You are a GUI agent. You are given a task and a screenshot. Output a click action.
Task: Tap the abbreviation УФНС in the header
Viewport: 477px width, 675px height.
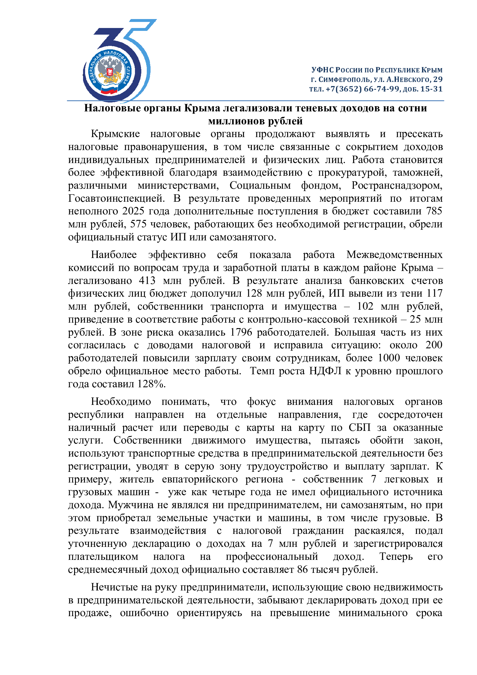pyautogui.click(x=322, y=70)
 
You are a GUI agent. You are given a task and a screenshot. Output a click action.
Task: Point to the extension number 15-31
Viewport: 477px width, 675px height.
pyautogui.click(x=431, y=89)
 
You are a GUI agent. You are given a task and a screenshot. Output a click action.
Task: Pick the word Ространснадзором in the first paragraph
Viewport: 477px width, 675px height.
pyautogui.click(x=397, y=186)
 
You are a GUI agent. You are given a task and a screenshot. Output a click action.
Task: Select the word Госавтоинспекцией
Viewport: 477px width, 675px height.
pyautogui.click(x=116, y=199)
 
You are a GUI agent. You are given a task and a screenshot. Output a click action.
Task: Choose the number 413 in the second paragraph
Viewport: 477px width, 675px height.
pyautogui.click(x=147, y=281)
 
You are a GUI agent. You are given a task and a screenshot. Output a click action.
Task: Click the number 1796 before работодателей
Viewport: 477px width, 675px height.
pyautogui.click(x=241, y=332)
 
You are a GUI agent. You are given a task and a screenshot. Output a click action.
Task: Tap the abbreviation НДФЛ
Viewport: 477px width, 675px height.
pyautogui.click(x=325, y=371)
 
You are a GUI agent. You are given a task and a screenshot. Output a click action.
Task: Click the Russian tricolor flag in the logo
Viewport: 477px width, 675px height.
pyautogui.click(x=109, y=89)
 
